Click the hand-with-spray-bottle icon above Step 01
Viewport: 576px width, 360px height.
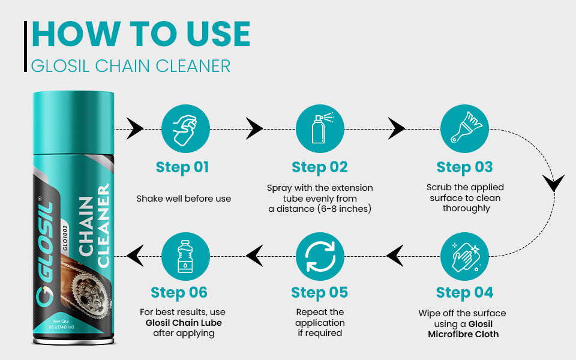click(185, 128)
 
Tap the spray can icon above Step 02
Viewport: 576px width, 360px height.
click(320, 128)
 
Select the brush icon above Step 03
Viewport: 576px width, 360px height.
click(464, 128)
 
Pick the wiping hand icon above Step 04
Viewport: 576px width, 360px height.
click(464, 257)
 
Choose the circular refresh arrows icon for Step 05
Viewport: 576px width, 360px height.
click(320, 257)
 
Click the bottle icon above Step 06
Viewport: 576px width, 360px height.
click(185, 257)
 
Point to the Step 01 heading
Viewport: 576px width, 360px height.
click(182, 167)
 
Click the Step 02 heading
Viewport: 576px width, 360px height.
click(320, 167)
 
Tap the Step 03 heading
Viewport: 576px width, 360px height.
click(464, 167)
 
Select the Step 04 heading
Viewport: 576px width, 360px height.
click(464, 293)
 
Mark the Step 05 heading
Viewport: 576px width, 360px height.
click(320, 293)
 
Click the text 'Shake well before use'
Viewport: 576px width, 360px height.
click(184, 199)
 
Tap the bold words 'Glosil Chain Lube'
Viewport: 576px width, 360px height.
click(184, 323)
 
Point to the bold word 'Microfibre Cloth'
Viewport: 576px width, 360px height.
click(463, 334)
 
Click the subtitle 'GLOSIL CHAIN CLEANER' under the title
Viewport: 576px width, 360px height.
click(131, 65)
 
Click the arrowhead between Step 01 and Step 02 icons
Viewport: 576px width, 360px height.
click(254, 128)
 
